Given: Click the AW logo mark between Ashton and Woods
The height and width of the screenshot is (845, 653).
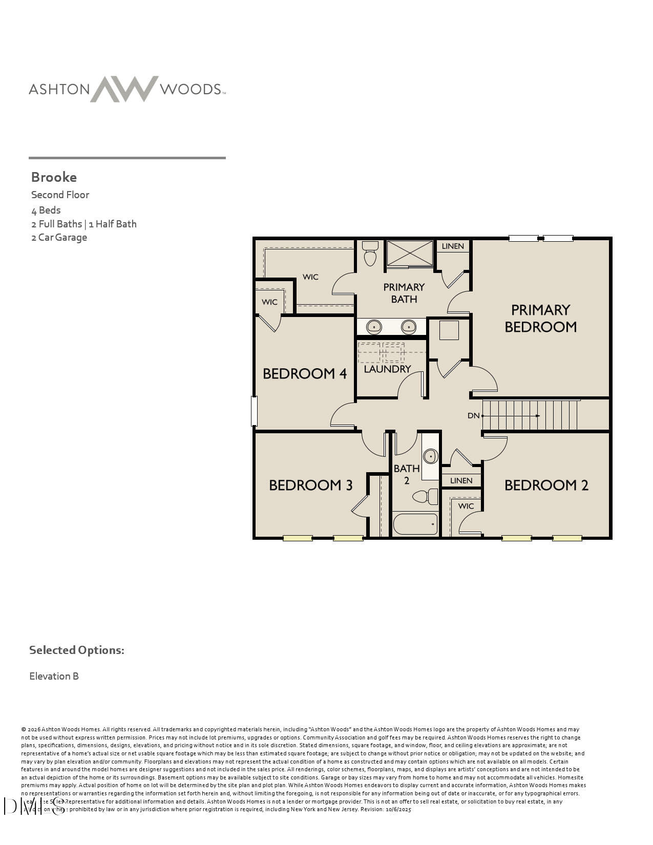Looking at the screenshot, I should (124, 89).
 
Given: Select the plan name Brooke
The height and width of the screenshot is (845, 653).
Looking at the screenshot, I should (54, 177).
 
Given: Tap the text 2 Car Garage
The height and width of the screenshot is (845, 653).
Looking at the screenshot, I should (59, 238).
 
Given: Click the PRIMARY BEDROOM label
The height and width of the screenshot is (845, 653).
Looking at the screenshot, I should (540, 318).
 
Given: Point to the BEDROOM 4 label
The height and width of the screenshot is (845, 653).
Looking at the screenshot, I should (305, 373).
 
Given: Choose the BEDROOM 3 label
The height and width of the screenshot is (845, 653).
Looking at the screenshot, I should (311, 485).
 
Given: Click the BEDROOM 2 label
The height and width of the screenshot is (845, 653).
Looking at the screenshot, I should (546, 485).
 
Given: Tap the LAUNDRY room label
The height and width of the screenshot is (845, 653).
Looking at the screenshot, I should (387, 369).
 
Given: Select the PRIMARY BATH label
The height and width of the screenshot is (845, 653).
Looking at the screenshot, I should (404, 293).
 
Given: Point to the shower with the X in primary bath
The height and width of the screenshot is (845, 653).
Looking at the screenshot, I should (410, 253).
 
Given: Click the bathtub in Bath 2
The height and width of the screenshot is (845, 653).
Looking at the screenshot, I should (415, 524).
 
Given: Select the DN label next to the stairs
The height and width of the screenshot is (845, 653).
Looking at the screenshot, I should (473, 415).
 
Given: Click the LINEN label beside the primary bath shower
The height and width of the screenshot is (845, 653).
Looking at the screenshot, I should (453, 246).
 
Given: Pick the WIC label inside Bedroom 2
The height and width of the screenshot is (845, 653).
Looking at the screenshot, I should (466, 506).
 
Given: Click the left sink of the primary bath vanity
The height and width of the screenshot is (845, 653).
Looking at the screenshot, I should (374, 326).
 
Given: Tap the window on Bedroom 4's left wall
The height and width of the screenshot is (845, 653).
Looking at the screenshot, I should (254, 411).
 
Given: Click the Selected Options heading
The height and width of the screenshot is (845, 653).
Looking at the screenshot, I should (76, 650).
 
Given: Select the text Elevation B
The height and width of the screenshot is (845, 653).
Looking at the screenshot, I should (54, 676).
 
